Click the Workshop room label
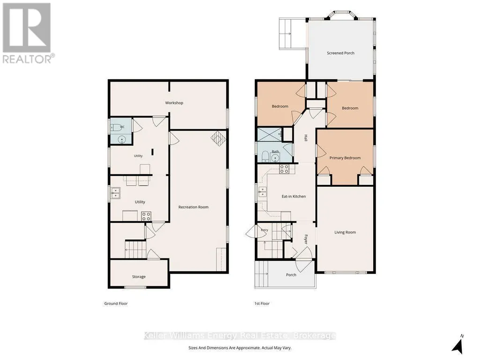(174, 103)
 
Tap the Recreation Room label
(193, 207)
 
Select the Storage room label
(139, 277)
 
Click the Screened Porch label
(341, 53)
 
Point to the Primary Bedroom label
(345, 158)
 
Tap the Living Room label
(345, 232)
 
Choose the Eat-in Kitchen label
(294, 197)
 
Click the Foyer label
(305, 239)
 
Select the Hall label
(305, 138)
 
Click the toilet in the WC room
(116, 127)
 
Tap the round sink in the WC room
(122, 140)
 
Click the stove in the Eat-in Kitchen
(284, 169)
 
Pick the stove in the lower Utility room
(146, 216)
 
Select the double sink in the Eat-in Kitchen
(262, 192)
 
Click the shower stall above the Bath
(269, 134)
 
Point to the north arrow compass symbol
(458, 345)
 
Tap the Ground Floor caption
(116, 304)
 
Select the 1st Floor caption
(262, 304)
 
